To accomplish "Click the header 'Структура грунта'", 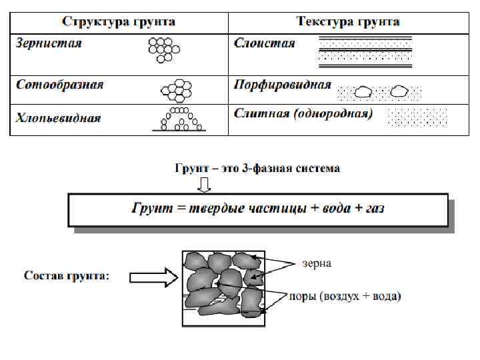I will (x=119, y=21).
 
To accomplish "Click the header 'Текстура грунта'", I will (x=348, y=21).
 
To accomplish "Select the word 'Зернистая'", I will (x=49, y=43).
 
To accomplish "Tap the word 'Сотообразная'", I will (x=60, y=85).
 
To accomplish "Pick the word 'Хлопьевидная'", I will (x=59, y=118).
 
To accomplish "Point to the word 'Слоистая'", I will (x=265, y=43).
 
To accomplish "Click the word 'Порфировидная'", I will (x=283, y=85).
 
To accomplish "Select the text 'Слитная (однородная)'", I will (x=303, y=113).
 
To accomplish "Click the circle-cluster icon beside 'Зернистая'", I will (x=164, y=49).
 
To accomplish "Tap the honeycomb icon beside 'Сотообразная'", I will (x=177, y=89).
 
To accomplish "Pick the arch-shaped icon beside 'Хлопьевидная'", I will (x=178, y=119).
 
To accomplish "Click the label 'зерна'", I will (x=317, y=264).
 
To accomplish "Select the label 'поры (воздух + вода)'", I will (x=345, y=297).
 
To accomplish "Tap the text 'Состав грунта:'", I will (x=67, y=276).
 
